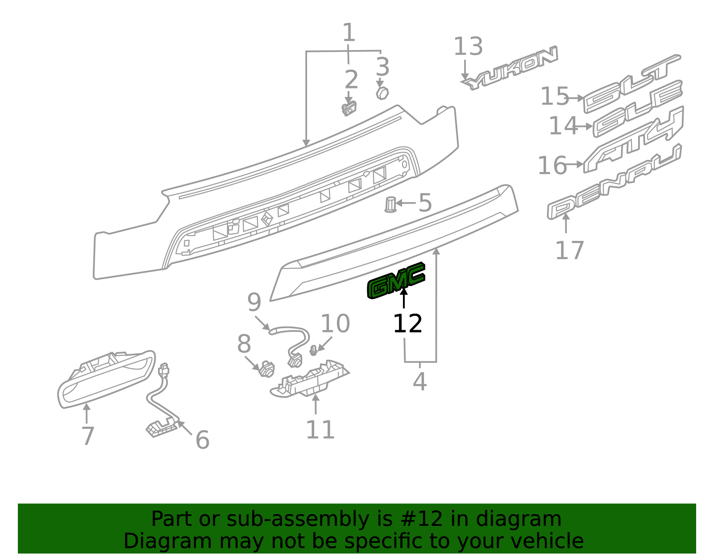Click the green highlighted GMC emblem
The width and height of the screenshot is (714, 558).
coord(396,281)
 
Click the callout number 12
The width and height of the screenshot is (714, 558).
coord(407,323)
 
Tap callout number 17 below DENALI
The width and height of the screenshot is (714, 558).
coord(569,250)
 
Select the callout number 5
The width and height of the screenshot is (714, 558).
coord(425,203)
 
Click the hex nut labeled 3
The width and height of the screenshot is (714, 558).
coord(382,93)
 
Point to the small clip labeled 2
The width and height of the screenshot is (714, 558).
coord(349,109)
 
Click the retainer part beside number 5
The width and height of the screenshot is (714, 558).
coord(390,205)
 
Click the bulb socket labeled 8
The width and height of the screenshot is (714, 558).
coord(267,369)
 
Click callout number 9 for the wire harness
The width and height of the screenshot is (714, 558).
coord(254,302)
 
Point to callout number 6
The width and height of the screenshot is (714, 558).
coord(202,440)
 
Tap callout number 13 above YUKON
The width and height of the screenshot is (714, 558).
coord(468,47)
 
